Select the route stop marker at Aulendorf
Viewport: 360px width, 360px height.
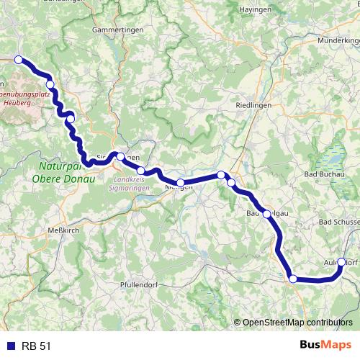(x=341, y=263)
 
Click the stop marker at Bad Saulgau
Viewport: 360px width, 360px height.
(x=267, y=214)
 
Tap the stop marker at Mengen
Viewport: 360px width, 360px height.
(x=181, y=183)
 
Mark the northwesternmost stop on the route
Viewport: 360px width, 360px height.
(x=18, y=60)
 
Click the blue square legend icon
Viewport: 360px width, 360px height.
(x=9, y=346)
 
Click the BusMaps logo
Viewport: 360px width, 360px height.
(x=325, y=345)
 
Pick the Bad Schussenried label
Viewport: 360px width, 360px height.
(x=339, y=222)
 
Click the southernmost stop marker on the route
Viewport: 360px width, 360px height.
(x=292, y=279)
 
